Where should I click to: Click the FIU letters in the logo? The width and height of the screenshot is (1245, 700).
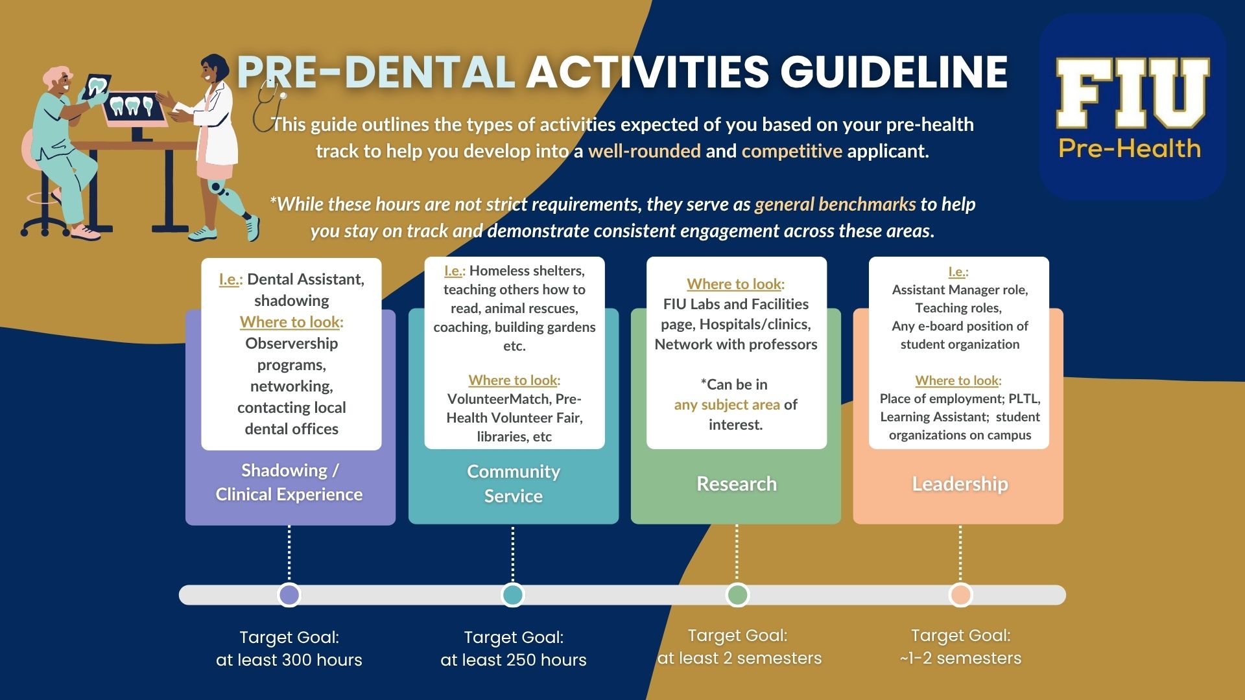(x=1132, y=93)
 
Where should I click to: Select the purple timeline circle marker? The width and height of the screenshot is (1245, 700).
(x=289, y=595)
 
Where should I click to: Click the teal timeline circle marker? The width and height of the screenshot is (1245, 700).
(x=513, y=595)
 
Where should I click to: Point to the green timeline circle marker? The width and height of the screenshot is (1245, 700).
(x=737, y=595)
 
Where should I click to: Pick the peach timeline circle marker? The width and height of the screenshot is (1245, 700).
(x=960, y=595)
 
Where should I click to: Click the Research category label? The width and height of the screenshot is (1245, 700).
(x=737, y=484)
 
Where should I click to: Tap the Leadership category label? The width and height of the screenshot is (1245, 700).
(x=960, y=484)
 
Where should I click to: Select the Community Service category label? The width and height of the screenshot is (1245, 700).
(x=514, y=484)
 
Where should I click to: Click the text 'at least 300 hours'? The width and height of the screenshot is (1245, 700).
(x=289, y=660)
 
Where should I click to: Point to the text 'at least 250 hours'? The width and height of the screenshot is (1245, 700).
(x=514, y=660)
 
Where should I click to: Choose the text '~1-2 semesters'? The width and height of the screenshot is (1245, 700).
(x=960, y=658)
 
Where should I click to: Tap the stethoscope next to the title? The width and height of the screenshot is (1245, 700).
(x=269, y=104)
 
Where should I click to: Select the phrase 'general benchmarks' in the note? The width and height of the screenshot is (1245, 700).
(x=835, y=204)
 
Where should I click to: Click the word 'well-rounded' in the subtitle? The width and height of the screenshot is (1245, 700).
(x=645, y=151)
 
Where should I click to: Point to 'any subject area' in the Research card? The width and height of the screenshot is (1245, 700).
(x=727, y=404)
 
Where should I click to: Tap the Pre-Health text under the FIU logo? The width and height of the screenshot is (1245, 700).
(x=1130, y=148)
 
